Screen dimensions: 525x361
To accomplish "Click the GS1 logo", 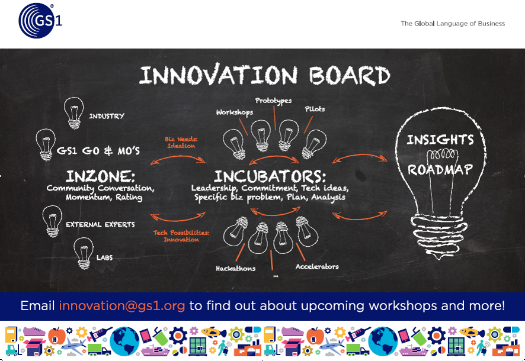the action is coord(40,20).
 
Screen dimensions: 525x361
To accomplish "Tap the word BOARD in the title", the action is coord(350,75).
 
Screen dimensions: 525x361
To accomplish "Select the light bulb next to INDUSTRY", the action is coord(73,112).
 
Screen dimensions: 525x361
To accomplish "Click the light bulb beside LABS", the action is coord(84,253).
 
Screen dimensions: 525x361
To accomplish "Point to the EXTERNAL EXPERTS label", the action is coord(101,224).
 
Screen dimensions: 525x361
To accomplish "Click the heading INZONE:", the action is coord(101,176).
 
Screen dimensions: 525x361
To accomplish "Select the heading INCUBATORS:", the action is coord(270,176).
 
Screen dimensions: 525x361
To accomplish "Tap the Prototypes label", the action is coord(273,101).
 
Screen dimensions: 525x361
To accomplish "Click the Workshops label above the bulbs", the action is coord(235,112).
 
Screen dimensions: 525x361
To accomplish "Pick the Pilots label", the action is coord(315,109).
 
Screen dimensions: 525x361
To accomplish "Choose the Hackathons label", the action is coord(235,269).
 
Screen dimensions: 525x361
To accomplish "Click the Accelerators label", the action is coord(317,266).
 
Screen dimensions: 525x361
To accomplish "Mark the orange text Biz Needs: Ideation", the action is coord(181,143).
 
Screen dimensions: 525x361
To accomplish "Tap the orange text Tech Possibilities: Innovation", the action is coord(181,236).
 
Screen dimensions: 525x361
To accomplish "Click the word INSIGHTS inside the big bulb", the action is coord(440,140).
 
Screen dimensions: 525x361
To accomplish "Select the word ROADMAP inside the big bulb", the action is coord(440,169).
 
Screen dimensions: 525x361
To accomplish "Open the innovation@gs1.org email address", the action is coord(122,306).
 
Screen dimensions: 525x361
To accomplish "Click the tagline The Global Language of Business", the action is coord(453,24).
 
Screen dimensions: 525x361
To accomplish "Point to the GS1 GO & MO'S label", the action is coord(98,151).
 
